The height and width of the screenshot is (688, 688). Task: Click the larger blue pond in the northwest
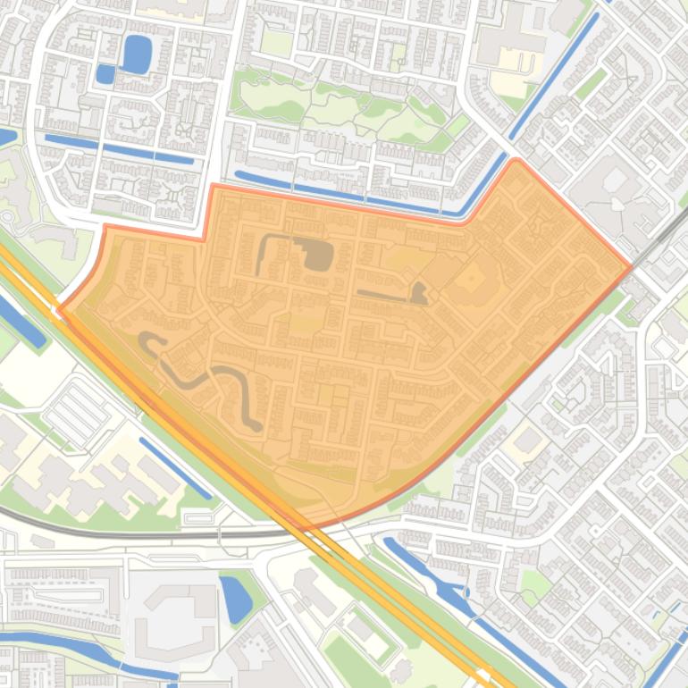click(x=137, y=54)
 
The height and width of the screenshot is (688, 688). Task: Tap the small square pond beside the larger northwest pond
click(x=105, y=74)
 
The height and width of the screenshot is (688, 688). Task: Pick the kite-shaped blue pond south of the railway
click(x=235, y=598)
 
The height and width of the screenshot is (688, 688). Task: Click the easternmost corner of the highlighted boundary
click(x=631, y=265)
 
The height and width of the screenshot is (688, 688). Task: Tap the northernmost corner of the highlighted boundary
click(x=516, y=161)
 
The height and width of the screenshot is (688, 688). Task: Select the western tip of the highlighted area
click(x=60, y=309)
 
